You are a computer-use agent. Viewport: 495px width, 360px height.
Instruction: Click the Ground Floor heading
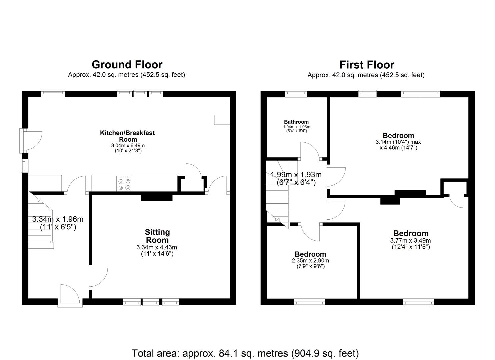tap(127, 64)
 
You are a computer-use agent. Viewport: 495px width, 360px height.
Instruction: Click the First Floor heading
tap(367, 64)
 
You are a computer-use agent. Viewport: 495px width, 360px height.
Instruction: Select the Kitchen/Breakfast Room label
tap(127, 136)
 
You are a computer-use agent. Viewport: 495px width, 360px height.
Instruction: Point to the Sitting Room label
tap(157, 236)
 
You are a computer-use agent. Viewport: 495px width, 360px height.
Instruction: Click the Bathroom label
tap(296, 122)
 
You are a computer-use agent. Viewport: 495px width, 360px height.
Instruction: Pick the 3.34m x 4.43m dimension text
tap(157, 247)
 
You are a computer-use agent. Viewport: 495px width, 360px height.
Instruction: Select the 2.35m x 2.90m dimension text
tap(310, 261)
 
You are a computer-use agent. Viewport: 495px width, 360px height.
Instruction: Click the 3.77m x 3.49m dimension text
tap(410, 241)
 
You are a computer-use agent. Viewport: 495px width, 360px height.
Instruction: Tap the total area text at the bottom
tap(245, 353)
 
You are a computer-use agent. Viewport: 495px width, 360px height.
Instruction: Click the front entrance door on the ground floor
tap(70, 295)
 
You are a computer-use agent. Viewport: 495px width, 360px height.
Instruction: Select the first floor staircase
tap(278, 193)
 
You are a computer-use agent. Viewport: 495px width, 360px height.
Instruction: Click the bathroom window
tap(296, 94)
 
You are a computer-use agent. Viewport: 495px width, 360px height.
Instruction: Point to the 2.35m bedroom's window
tap(309, 302)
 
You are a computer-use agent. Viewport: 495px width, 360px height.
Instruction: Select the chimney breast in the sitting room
tap(157, 197)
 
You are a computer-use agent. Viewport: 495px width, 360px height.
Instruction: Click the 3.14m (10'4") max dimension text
tap(398, 142)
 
